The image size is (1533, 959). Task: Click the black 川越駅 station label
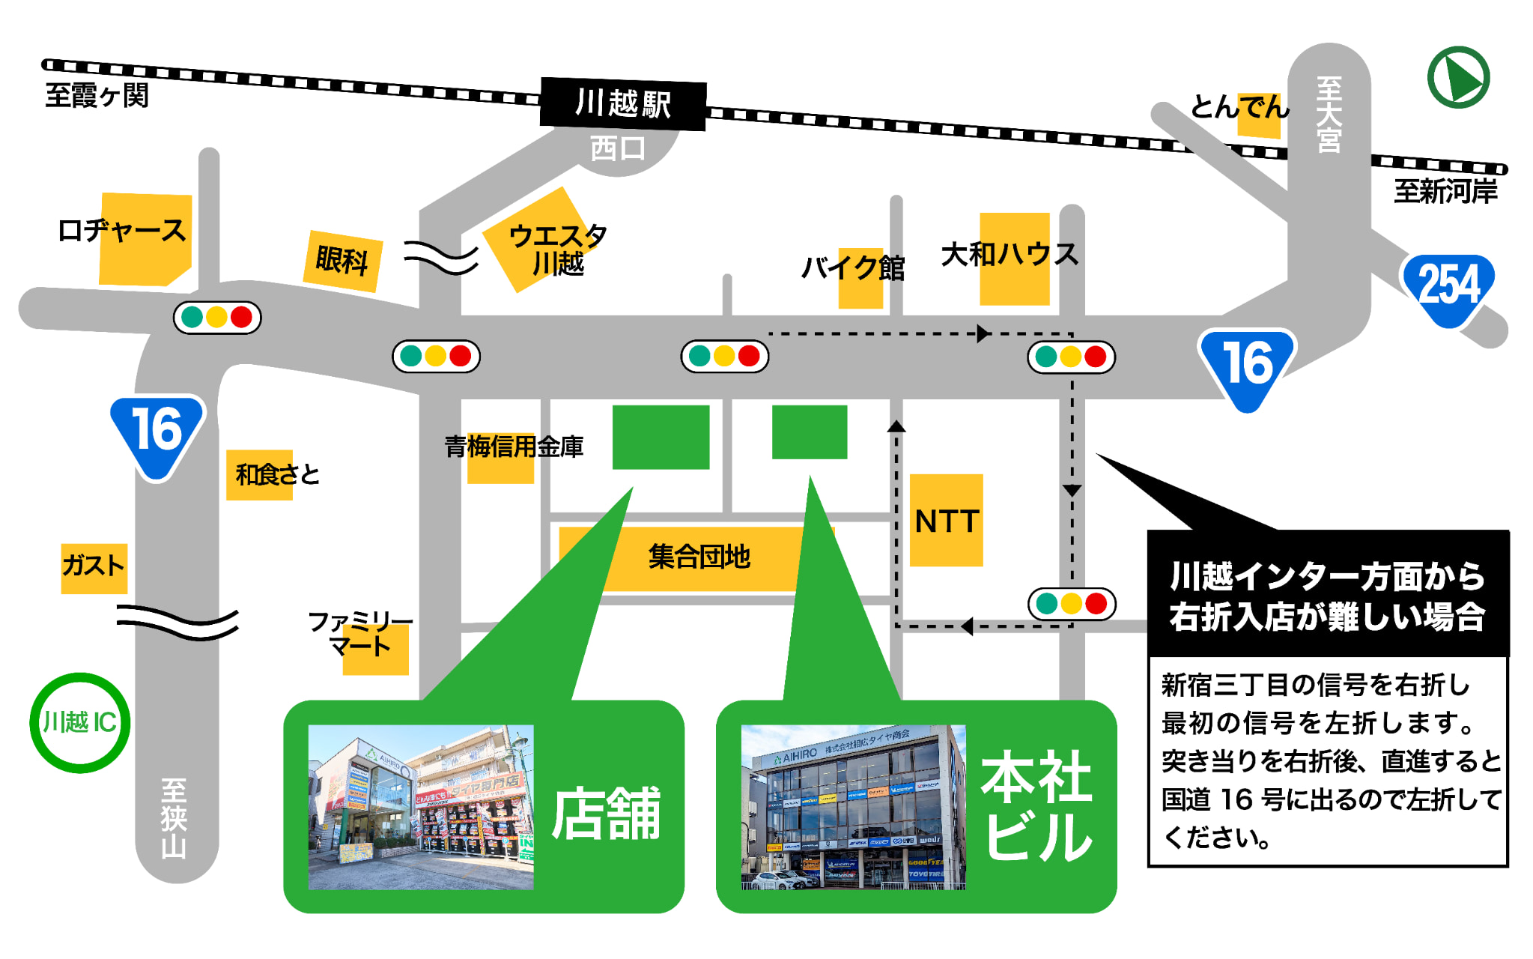pyautogui.click(x=622, y=103)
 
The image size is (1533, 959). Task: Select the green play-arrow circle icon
pyautogui.click(x=1457, y=78)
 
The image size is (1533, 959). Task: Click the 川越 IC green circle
pyautogui.click(x=79, y=723)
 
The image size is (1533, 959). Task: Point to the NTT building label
pyautogui.click(x=947, y=521)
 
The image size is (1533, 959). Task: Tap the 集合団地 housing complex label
pyautogui.click(x=698, y=557)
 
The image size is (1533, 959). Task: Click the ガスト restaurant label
pyautogui.click(x=94, y=566)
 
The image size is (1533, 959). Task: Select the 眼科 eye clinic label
pyautogui.click(x=342, y=261)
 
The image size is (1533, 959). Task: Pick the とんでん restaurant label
pyautogui.click(x=1239, y=107)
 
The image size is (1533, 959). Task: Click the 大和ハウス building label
pyautogui.click(x=1010, y=255)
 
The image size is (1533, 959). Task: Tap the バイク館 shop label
pyautogui.click(x=853, y=268)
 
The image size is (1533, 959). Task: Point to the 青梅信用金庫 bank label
pyautogui.click(x=514, y=448)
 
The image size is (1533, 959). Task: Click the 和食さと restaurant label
pyautogui.click(x=276, y=474)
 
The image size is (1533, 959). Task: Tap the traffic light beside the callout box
pyautogui.click(x=1072, y=604)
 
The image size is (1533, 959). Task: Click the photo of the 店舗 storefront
pyautogui.click(x=421, y=807)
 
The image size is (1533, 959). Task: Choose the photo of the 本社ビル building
pyautogui.click(x=853, y=807)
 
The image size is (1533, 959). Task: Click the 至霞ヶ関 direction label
pyautogui.click(x=97, y=96)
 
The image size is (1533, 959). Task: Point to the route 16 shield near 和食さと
pyautogui.click(x=157, y=433)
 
